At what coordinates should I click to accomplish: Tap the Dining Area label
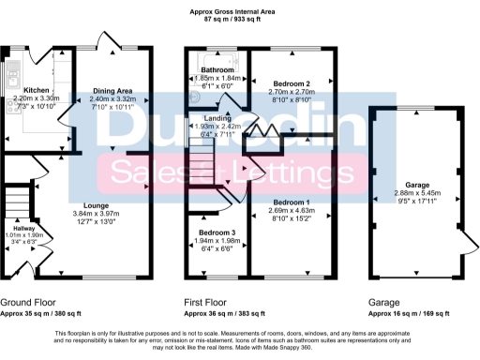coord(112,91)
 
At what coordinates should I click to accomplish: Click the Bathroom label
coord(217,70)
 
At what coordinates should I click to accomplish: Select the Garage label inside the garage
coord(411,185)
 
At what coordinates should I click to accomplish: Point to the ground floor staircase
coord(16,202)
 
